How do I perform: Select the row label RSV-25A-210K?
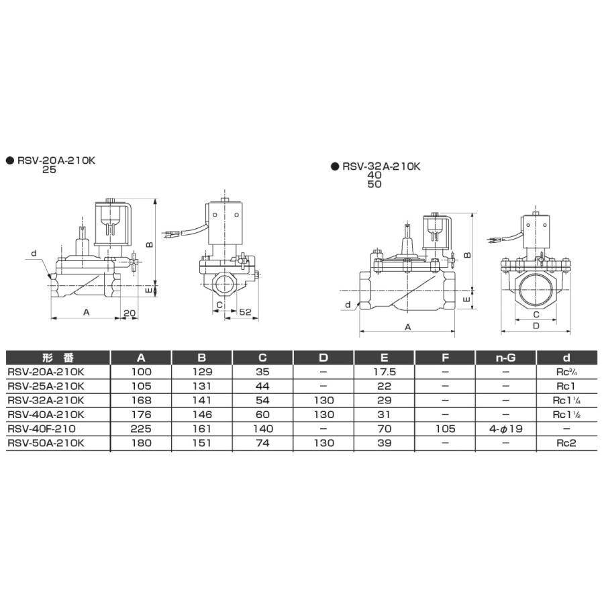46,386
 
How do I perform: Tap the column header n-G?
505,357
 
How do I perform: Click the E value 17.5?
384,372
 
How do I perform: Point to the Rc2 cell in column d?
566,442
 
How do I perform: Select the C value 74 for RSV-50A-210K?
263,442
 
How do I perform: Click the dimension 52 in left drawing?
245,313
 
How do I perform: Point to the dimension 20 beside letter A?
130,313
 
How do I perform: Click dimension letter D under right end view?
536,325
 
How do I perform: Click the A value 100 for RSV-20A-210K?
142,372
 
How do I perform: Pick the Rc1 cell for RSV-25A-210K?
566,386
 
